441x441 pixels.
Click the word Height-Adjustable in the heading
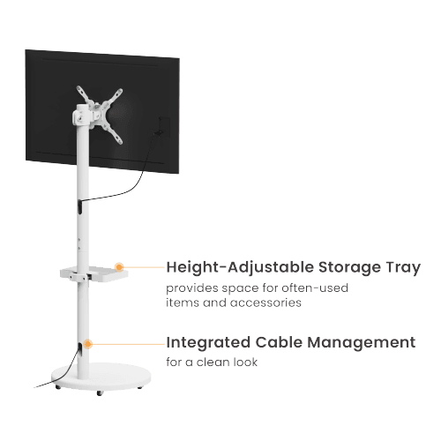tap(240, 268)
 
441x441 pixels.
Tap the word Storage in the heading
tap(349, 268)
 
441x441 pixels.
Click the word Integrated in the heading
tap(208, 343)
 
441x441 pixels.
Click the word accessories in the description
tap(265, 303)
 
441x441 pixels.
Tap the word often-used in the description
tap(315, 288)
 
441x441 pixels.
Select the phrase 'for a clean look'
tap(212, 362)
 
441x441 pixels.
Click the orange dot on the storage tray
tap(119, 267)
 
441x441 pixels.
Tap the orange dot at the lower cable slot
tap(87, 344)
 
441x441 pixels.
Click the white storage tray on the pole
tap(94, 274)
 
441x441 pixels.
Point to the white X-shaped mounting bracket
tap(100, 115)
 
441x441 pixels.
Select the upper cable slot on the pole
tap(80, 206)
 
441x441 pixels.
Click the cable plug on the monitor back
tap(158, 133)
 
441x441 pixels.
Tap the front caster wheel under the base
tap(100, 392)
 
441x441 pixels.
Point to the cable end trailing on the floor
tap(34, 387)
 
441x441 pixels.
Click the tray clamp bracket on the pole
tap(79, 277)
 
